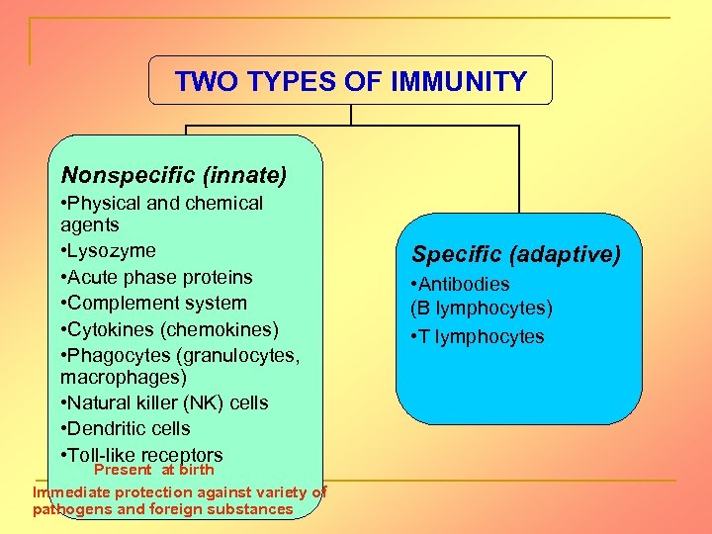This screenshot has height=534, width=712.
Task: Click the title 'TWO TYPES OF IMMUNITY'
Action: (x=350, y=81)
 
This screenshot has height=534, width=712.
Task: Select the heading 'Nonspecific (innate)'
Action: (x=174, y=176)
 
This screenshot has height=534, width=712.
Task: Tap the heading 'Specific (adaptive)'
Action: (x=516, y=255)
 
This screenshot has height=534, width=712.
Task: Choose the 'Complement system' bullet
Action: (x=156, y=303)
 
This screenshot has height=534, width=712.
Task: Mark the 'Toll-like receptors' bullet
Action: (x=144, y=455)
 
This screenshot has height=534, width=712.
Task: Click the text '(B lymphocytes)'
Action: (x=482, y=309)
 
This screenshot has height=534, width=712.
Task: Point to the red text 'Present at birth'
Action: (x=153, y=471)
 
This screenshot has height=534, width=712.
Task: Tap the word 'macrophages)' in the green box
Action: (x=123, y=378)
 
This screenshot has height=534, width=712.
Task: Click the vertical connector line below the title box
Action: (x=351, y=115)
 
